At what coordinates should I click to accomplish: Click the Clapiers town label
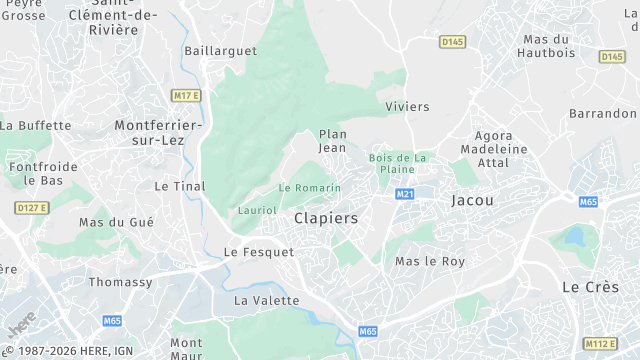pos(326,217)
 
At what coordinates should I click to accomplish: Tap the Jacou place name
pos(472,200)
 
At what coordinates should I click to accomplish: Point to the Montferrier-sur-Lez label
pos(159,133)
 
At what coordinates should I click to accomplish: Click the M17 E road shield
pos(186,95)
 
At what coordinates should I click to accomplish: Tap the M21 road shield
pos(405,194)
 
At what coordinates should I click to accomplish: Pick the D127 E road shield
pos(32,207)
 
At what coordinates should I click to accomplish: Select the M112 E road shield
pos(600,343)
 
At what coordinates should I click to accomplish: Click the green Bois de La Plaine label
pos(398,163)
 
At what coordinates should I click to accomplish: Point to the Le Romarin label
pos(310,188)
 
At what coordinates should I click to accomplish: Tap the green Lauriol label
pos(257,210)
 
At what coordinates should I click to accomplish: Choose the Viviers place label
pos(407,106)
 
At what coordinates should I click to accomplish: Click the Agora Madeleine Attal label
pos(479,149)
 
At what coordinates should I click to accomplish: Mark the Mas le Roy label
pos(430,262)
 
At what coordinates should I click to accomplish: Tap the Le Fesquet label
pos(259,253)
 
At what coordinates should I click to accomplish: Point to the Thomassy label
pos(121,283)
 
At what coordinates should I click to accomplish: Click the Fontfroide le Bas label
pos(43,174)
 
